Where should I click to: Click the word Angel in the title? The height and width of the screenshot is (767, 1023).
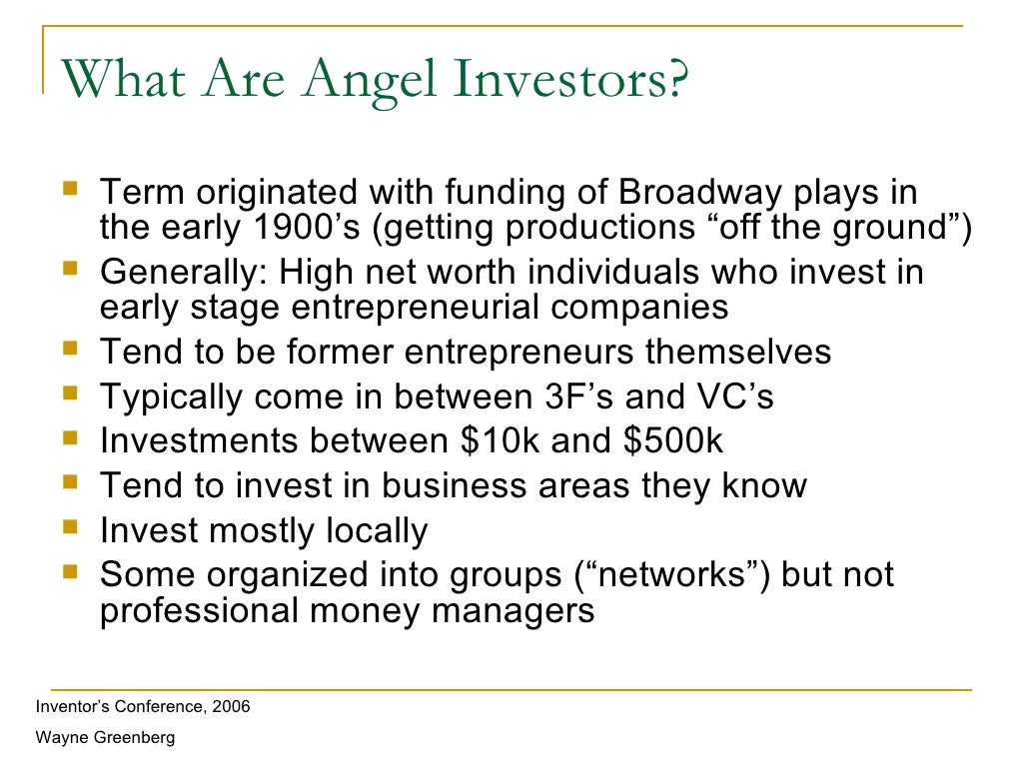(344, 80)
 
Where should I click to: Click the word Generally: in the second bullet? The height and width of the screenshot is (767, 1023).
(184, 272)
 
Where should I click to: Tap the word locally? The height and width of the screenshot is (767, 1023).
(373, 530)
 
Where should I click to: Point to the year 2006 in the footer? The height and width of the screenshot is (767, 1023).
(230, 707)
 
